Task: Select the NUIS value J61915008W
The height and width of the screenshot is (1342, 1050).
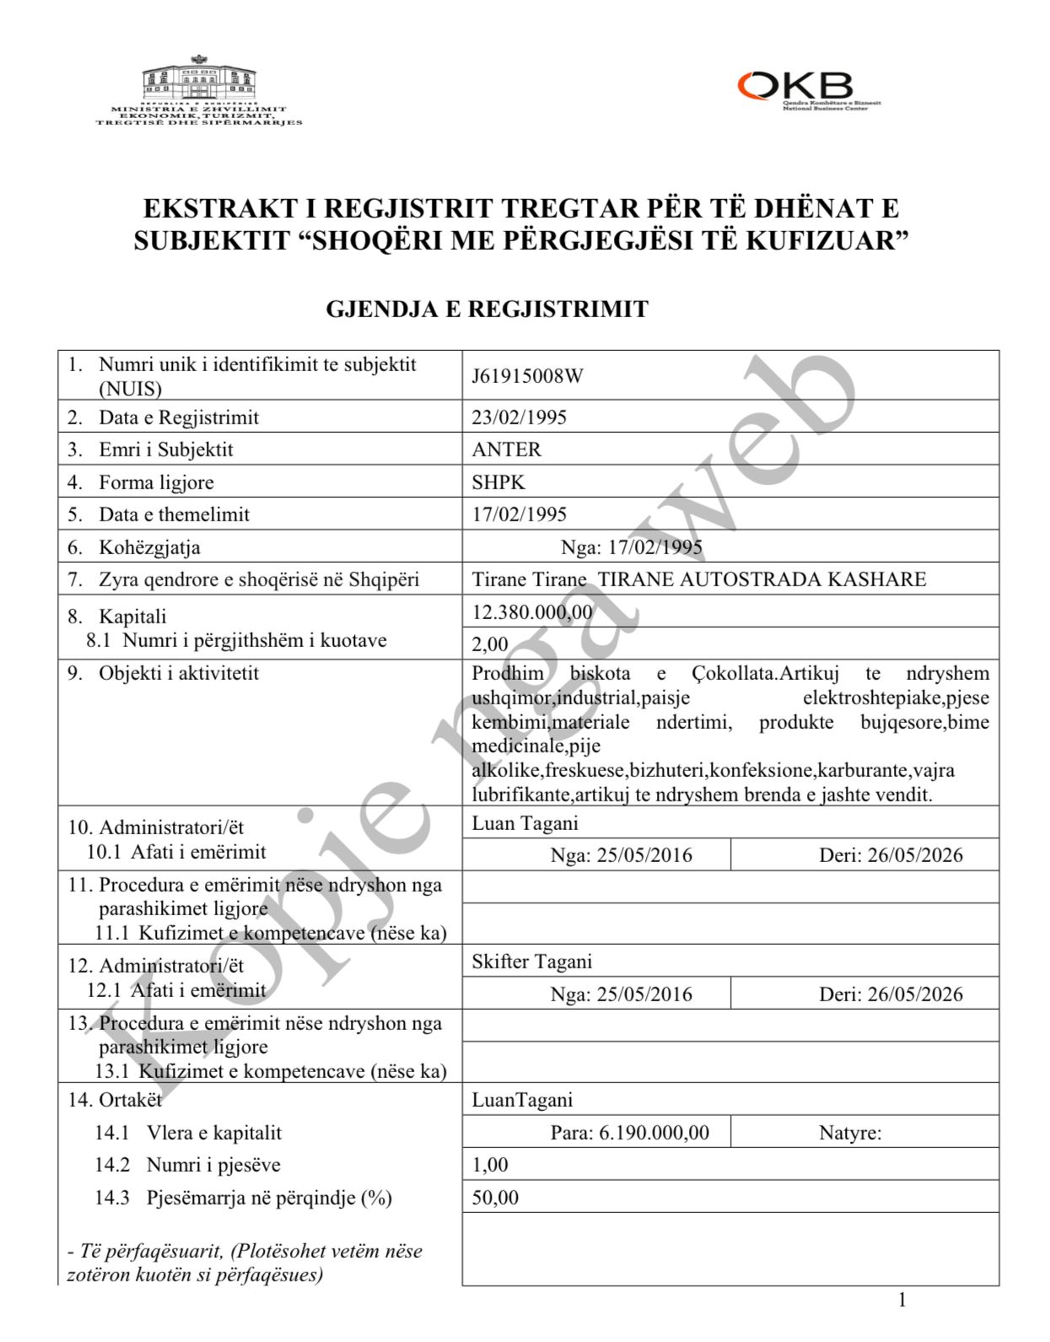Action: pyautogui.click(x=527, y=376)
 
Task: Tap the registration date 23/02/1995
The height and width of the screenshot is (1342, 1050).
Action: pyautogui.click(x=519, y=418)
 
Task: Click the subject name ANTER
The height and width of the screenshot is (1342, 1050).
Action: pyautogui.click(x=506, y=450)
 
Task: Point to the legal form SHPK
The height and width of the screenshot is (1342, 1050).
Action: pyautogui.click(x=498, y=482)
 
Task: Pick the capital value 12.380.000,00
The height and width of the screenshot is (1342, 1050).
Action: pyautogui.click(x=532, y=612)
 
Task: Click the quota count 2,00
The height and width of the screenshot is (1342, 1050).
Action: pyautogui.click(x=490, y=644)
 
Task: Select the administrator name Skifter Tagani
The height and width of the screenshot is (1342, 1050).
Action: pyautogui.click(x=531, y=962)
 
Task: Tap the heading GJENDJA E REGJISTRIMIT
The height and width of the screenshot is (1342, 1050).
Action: pyautogui.click(x=487, y=310)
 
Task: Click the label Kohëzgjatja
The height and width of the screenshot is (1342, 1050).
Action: pyautogui.click(x=149, y=547)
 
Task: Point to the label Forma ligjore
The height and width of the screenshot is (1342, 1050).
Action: pyautogui.click(x=156, y=482)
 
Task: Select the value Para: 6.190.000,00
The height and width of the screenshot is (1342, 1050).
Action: pyautogui.click(x=629, y=1133)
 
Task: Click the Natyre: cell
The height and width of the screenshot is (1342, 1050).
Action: pyautogui.click(x=850, y=1133)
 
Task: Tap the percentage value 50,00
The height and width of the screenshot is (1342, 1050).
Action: pyautogui.click(x=495, y=1198)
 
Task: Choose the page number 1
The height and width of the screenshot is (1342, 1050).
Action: pyautogui.click(x=902, y=1300)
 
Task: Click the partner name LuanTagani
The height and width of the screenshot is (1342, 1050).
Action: pyautogui.click(x=522, y=1100)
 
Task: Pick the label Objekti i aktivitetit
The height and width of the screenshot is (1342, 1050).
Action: pyautogui.click(x=178, y=673)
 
